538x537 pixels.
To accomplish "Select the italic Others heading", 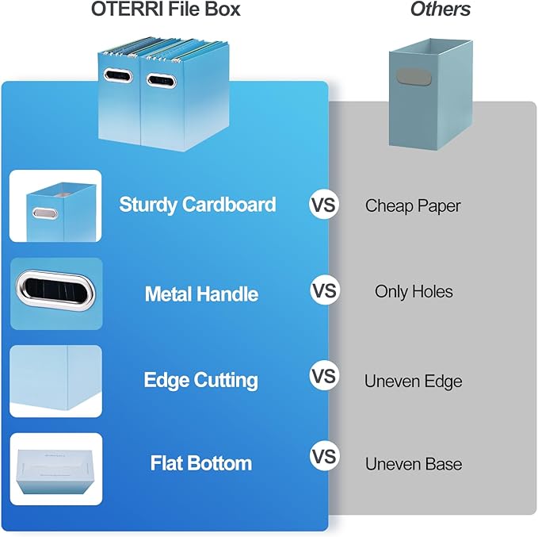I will point(440,10).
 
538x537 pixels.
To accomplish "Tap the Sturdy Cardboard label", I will point(197,205).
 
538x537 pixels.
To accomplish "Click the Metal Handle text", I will point(201,294).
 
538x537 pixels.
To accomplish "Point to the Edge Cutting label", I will point(200,380).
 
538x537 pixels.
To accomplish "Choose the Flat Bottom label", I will point(201,463).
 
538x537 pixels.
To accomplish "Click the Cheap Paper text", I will point(412,205).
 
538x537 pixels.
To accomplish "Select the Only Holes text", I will point(414,292).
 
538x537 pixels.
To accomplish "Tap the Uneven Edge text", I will point(413,381).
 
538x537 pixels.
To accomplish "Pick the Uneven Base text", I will point(413,463).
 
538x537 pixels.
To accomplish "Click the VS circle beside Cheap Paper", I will point(323,205).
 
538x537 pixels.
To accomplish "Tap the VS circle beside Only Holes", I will point(323,291).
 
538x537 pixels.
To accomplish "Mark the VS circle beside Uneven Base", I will point(323,458).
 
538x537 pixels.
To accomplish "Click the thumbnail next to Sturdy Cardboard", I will point(55,206).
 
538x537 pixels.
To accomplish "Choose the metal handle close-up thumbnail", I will point(55,293).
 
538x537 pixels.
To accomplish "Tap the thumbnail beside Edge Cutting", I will point(55,381).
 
